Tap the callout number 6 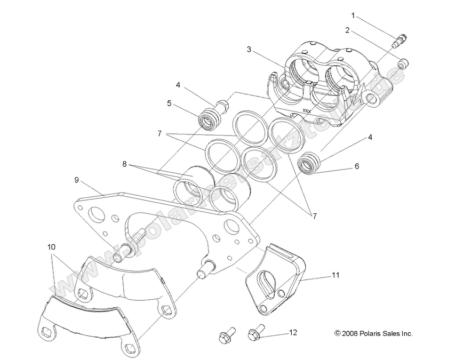click(x=357, y=166)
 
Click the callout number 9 click(x=77, y=180)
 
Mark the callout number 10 click(x=51, y=247)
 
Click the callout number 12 click(x=292, y=332)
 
